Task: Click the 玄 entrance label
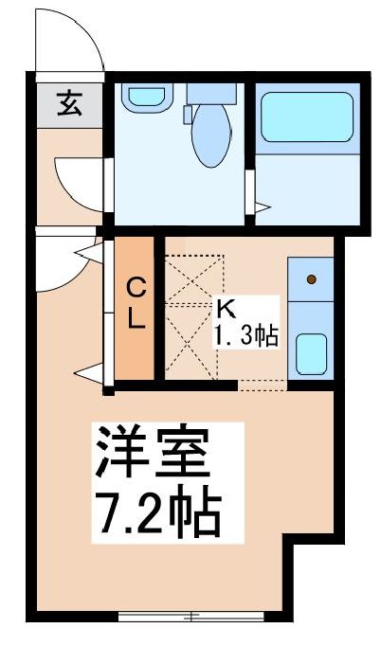click(68, 102)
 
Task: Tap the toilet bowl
click(209, 138)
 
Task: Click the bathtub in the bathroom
click(299, 117)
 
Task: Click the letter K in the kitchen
click(226, 308)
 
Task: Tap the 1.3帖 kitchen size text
click(246, 335)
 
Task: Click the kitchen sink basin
click(311, 352)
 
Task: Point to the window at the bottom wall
click(192, 618)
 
